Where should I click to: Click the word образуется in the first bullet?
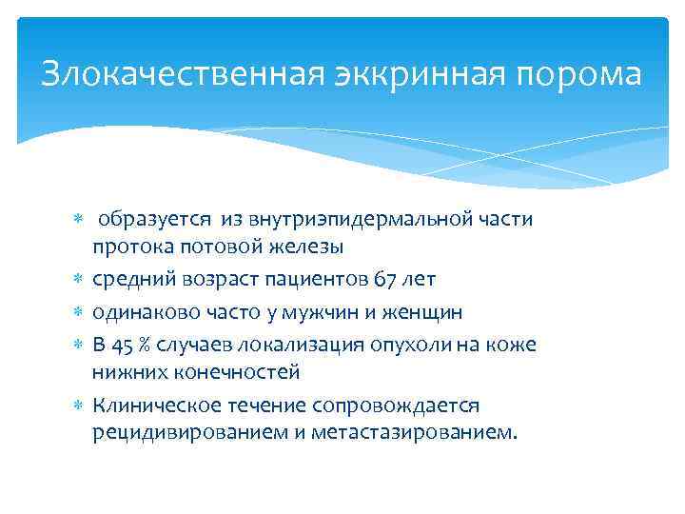click(157, 220)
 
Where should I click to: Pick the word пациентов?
click(316, 280)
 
